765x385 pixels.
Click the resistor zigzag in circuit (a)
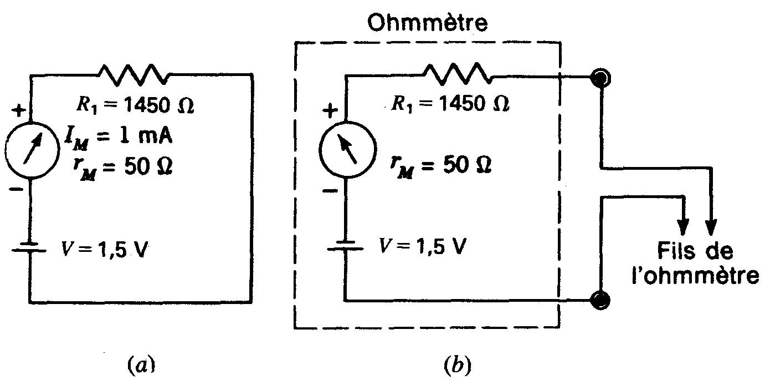click(x=133, y=75)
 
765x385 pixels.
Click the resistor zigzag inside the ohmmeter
click(x=456, y=74)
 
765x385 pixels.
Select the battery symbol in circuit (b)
click(x=345, y=246)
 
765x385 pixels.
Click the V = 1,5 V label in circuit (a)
click(x=105, y=250)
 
